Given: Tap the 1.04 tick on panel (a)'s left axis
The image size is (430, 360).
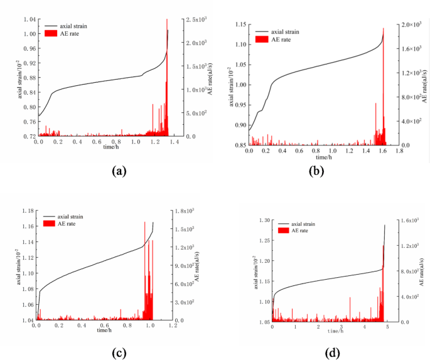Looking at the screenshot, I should tap(30, 19).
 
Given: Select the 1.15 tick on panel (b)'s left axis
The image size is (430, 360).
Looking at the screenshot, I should tap(240, 24).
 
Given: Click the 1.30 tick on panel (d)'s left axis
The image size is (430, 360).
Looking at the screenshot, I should tap(262, 221).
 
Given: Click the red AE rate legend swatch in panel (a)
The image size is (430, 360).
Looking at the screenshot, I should tap(51, 32).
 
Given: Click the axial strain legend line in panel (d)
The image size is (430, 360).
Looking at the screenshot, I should tap(283, 224).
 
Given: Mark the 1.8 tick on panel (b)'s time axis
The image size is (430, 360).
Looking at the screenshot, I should tap(398, 152).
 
